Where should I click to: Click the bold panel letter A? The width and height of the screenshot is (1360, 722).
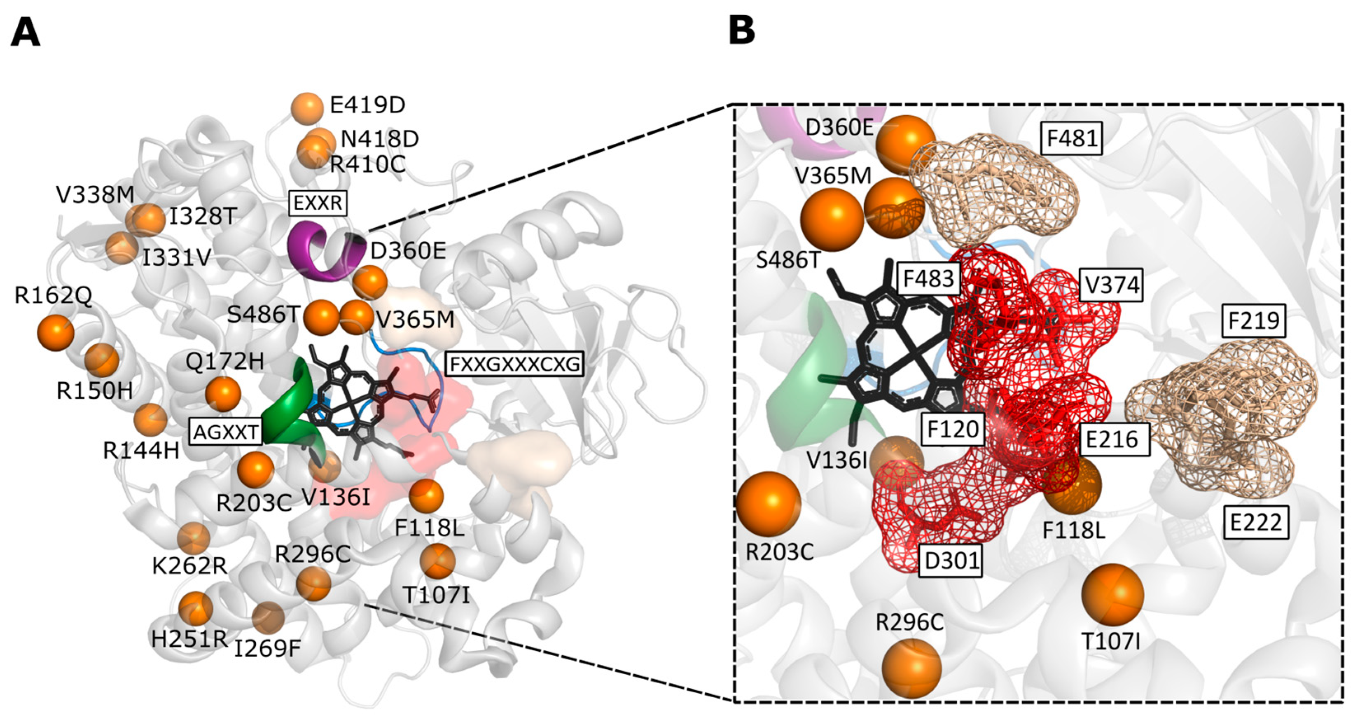pyautogui.click(x=26, y=33)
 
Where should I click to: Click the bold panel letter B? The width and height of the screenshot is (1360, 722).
pyautogui.click(x=741, y=30)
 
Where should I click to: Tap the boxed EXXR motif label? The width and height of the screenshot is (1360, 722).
pyautogui.click(x=318, y=203)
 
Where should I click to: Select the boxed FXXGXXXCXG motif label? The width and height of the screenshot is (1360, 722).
pyautogui.click(x=514, y=364)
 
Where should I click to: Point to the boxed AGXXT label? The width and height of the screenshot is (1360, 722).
pyautogui.click(x=226, y=432)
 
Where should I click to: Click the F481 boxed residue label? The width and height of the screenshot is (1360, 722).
pyautogui.click(x=1072, y=139)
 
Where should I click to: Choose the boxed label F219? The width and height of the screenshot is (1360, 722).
pyautogui.click(x=1253, y=321)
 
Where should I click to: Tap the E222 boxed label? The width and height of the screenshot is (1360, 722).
pyautogui.click(x=1255, y=523)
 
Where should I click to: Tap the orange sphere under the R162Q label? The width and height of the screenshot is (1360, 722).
pyautogui.click(x=56, y=332)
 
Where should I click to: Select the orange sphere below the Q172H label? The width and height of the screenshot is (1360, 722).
pyautogui.click(x=223, y=394)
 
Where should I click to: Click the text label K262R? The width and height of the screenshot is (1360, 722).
pyautogui.click(x=189, y=566)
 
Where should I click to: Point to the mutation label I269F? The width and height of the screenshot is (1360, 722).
pyautogui.click(x=267, y=649)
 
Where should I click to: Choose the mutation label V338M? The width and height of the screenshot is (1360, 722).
pyautogui.click(x=95, y=195)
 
